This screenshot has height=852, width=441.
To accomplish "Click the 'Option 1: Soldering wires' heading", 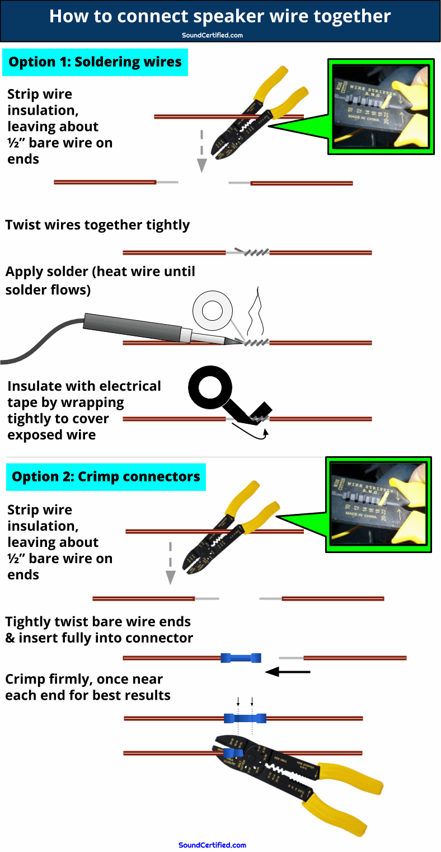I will coord(95,62).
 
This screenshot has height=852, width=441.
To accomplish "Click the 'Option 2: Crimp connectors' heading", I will coord(106,477).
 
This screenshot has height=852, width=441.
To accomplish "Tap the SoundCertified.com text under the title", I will coord(212,35).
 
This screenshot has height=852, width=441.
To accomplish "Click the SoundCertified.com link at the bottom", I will coord(212,845).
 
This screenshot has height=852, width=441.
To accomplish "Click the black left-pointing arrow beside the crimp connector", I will coord(287,671).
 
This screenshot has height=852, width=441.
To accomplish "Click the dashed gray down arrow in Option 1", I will coord(202,151).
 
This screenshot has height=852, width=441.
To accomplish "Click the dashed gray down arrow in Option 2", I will coord(171,563).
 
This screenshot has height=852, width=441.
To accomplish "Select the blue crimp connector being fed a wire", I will coord(241,658).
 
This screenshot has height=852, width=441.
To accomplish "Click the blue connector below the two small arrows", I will coord(245,718).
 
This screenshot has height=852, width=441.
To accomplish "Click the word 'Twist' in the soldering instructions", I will coord(23,225).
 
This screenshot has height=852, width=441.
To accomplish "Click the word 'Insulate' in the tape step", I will coord(40,386).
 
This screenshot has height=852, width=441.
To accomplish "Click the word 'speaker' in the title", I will coord(224,16).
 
